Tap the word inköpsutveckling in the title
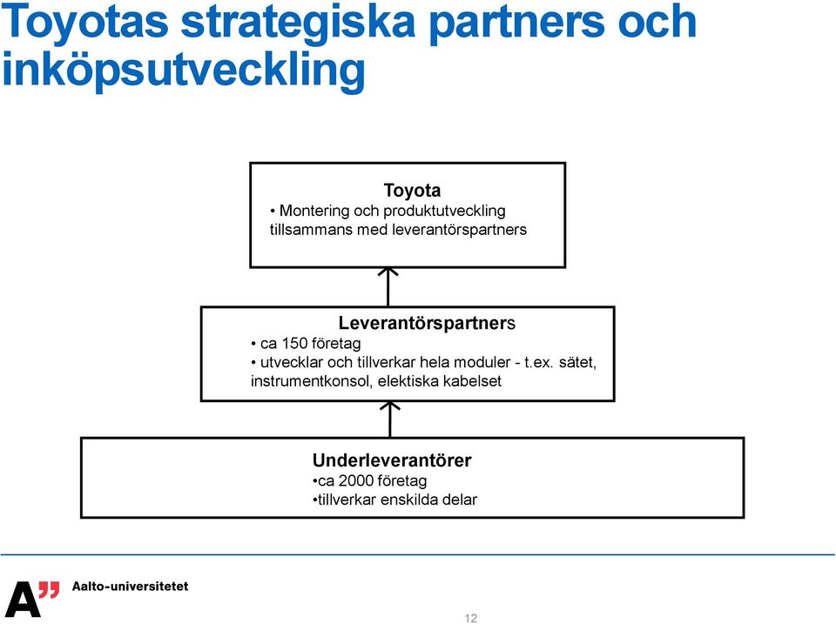click(184, 71)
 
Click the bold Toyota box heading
click(412, 191)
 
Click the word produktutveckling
click(444, 211)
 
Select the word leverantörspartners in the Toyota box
click(459, 230)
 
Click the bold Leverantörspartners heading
click(427, 323)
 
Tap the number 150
click(294, 343)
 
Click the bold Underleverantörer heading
click(392, 460)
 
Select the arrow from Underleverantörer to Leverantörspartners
click(390, 419)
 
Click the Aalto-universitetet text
click(130, 587)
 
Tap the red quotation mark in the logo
click(49, 590)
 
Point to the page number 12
click(471, 618)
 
